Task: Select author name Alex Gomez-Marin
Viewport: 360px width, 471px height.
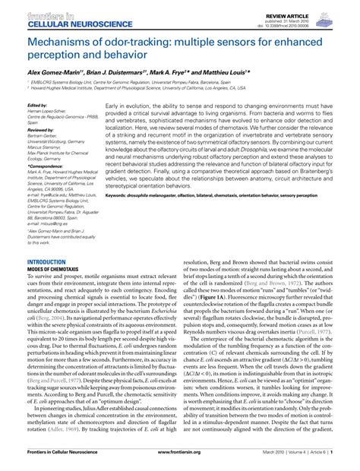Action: pyautogui.click(x=54, y=69)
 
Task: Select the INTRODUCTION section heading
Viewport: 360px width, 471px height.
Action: pyautogui.click(x=46, y=261)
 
